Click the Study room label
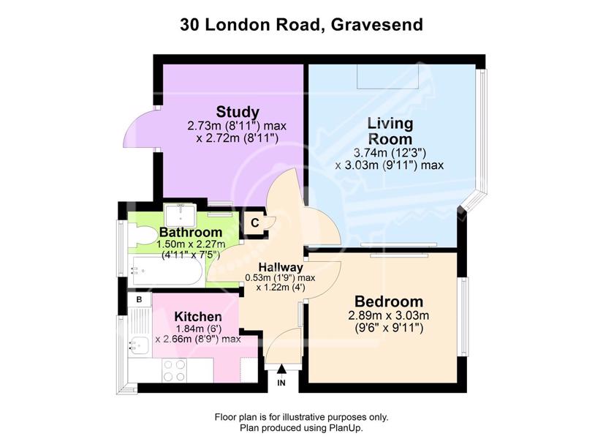pyautogui.click(x=238, y=112)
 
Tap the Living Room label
pyautogui.click(x=390, y=131)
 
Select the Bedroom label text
pyautogui.click(x=388, y=301)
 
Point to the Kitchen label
pyautogui.click(x=197, y=317)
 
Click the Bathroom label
pyautogui.click(x=191, y=233)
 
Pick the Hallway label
pyautogui.click(x=281, y=267)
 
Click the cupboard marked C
pyautogui.click(x=254, y=223)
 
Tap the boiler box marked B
pyautogui.click(x=139, y=299)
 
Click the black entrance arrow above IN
pyautogui.click(x=281, y=369)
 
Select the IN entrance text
pyautogui.click(x=281, y=383)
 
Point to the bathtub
pyautogui.click(x=166, y=271)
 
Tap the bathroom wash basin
pyautogui.click(x=181, y=215)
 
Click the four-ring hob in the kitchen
pyautogui.click(x=174, y=370)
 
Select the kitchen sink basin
pyautogui.click(x=139, y=345)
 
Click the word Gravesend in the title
pyautogui.click(x=377, y=25)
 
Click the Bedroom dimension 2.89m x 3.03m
pyautogui.click(x=388, y=316)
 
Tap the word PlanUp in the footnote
pyautogui.click(x=346, y=427)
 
